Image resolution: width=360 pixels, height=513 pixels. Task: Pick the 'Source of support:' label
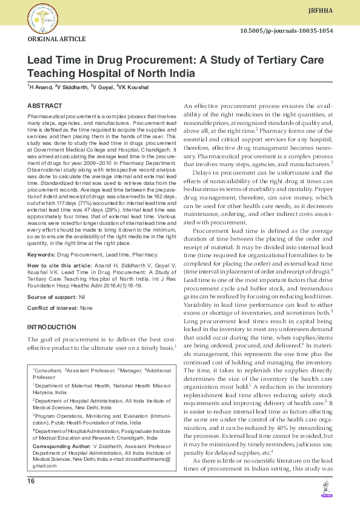pyautogui.click(x=53, y=297)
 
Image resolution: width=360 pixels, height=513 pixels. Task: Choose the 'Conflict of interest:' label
pyautogui.click(x=53, y=308)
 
